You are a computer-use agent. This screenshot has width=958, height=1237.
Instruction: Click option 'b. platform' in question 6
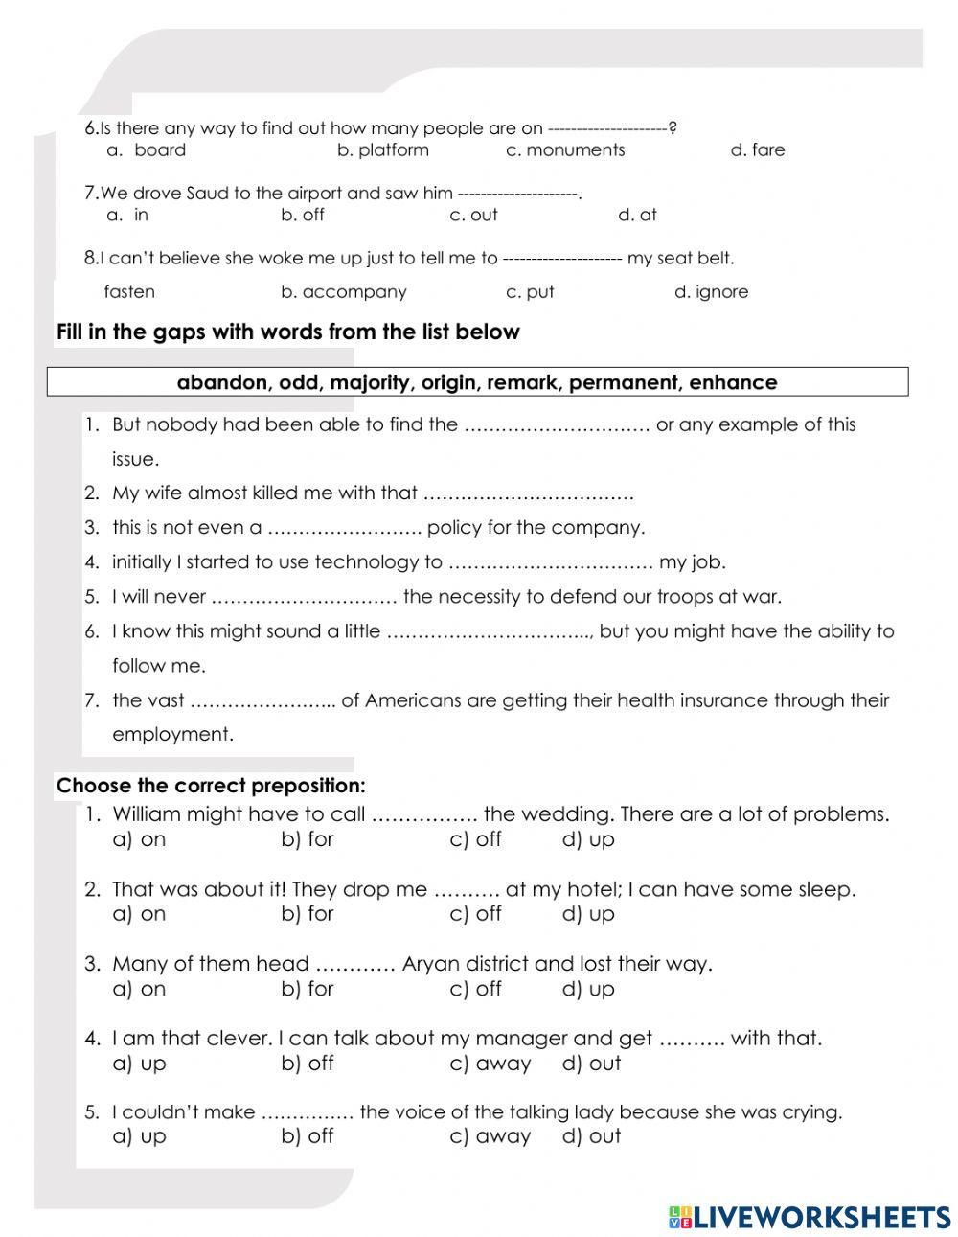pos(382,150)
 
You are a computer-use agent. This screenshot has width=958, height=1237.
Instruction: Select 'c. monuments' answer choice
pos(564,150)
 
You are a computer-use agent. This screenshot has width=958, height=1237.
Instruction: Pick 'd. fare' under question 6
pos(757,150)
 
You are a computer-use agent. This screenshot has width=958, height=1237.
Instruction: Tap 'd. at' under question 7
pos(637,216)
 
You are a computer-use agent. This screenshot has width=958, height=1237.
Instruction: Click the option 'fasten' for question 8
pos(129,292)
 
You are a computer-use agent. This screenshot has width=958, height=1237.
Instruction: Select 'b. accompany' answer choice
pos(343,292)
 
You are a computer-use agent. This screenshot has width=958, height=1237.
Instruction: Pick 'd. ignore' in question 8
pos(711,292)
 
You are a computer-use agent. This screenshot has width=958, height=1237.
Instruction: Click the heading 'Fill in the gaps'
pos(287,332)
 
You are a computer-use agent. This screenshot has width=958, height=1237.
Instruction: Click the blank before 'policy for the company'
pos(344,529)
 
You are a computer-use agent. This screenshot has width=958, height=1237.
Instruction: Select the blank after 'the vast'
pos(262,701)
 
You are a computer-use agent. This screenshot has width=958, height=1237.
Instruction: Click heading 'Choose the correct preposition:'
pos(211,787)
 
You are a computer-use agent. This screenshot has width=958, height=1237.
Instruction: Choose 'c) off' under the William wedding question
pos(475,839)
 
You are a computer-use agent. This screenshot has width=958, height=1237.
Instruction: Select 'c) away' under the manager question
pos(490,1064)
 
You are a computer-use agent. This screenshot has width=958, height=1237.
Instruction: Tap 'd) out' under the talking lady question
pos(591,1136)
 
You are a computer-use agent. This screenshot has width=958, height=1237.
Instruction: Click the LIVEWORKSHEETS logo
pos(809,1217)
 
